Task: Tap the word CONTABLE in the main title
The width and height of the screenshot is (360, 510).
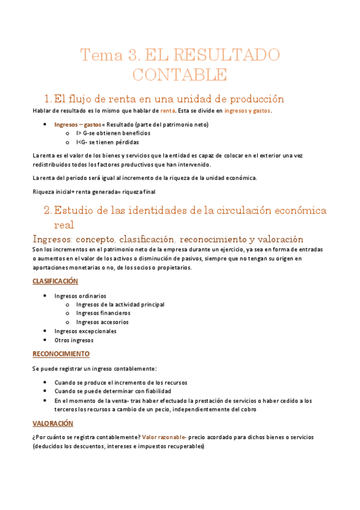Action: tap(180, 75)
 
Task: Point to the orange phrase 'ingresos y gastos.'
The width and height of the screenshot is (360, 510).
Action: tap(248, 111)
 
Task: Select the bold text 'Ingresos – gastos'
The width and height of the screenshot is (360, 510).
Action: tap(78, 124)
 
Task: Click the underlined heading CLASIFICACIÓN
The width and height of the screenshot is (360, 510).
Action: tap(55, 281)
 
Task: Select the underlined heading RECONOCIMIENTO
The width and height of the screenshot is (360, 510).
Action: tap(61, 354)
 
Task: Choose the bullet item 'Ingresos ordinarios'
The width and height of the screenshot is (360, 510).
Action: tap(80, 296)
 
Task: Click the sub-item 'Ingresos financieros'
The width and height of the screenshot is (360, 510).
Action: tap(103, 313)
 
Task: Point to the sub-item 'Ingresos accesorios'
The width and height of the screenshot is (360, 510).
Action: tap(102, 322)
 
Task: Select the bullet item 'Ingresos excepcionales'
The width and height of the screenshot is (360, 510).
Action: tap(85, 331)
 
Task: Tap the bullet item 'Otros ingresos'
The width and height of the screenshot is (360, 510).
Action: tap(73, 340)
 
